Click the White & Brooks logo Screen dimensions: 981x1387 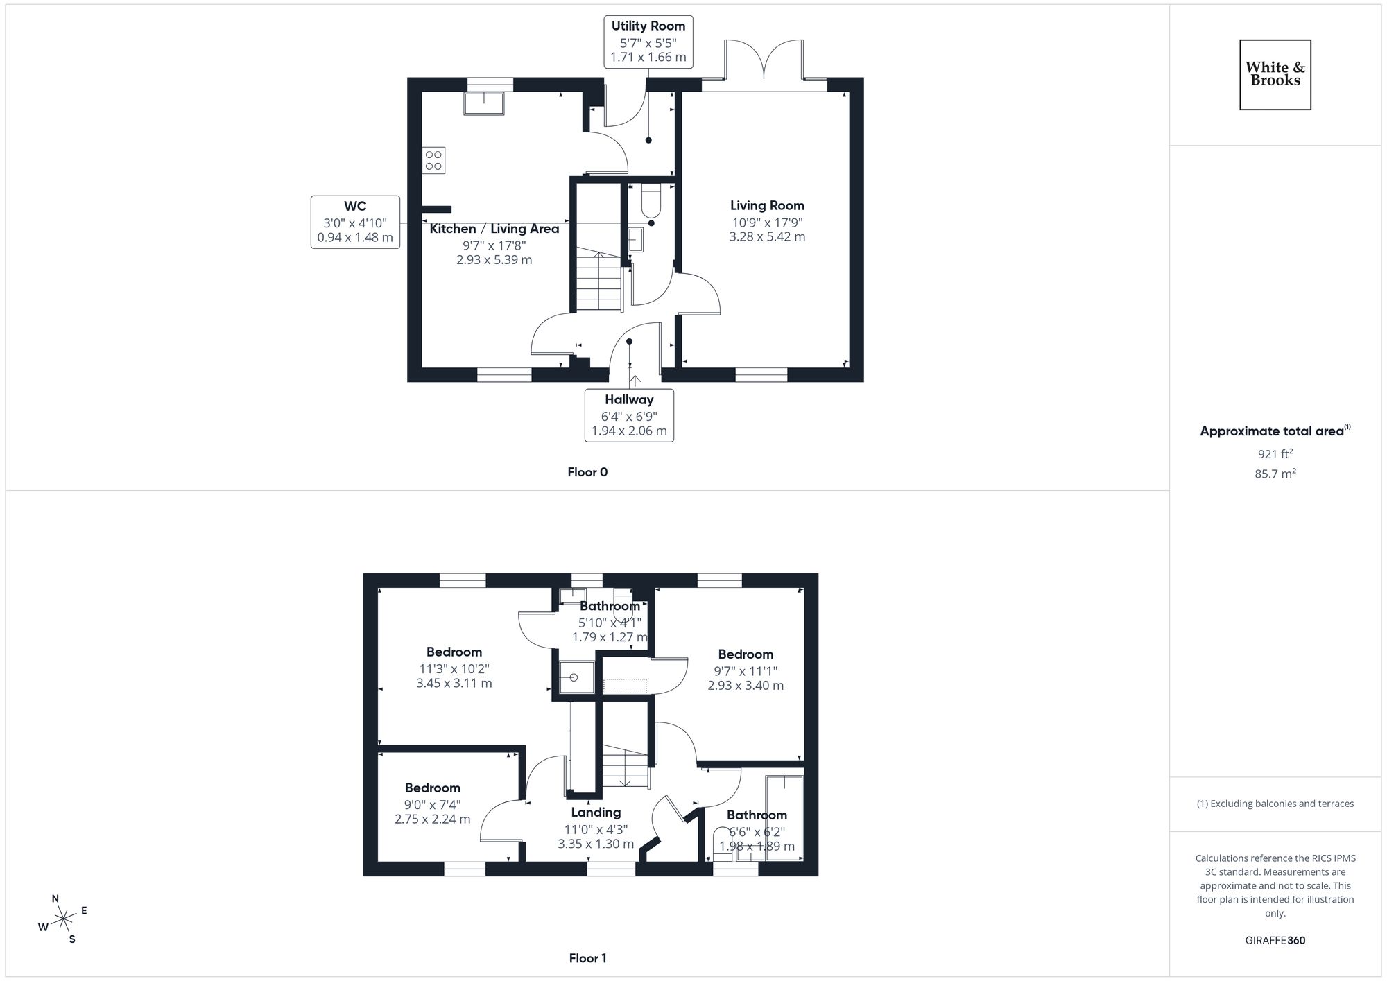point(1275,74)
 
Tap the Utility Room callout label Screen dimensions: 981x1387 point(648,42)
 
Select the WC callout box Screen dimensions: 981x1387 point(355,222)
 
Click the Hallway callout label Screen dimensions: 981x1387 point(629,415)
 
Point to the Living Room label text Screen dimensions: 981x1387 point(767,205)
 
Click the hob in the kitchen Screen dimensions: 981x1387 point(434,160)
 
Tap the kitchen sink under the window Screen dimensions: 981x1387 point(484,103)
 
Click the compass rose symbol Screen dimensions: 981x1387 point(64,920)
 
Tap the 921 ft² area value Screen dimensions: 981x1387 point(1275,454)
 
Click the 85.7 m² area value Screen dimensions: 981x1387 point(1275,474)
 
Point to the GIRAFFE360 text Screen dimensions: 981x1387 point(1275,941)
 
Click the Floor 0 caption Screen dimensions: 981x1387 point(587,472)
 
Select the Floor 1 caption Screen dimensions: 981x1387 point(587,958)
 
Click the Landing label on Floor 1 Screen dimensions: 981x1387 point(596,813)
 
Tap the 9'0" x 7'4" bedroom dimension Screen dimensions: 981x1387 point(433,805)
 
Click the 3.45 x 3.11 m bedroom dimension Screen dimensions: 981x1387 point(454,684)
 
